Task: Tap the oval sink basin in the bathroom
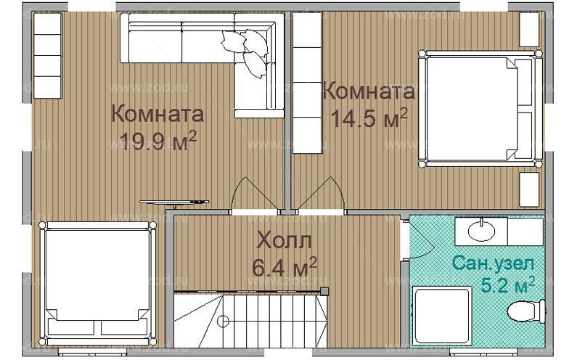(481, 231)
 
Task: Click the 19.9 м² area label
(158, 140)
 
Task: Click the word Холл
(285, 240)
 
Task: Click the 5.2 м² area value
(508, 283)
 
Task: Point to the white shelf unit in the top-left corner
(47, 54)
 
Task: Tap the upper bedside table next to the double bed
(529, 28)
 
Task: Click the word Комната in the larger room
(158, 115)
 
